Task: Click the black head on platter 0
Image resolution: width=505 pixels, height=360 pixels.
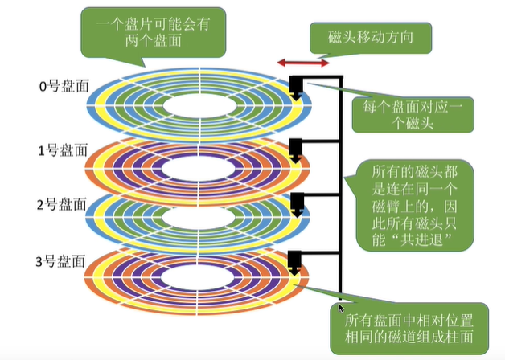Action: [297, 88]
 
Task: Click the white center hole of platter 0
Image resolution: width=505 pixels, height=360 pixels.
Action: [199, 106]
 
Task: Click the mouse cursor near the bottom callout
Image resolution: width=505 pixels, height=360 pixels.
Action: [341, 308]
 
